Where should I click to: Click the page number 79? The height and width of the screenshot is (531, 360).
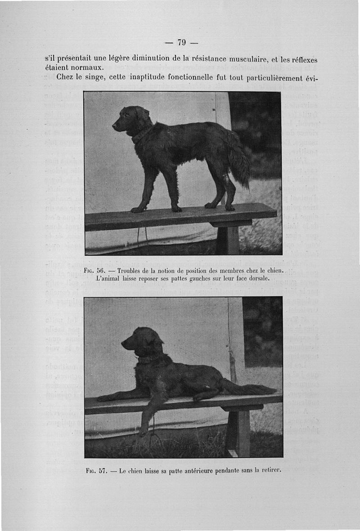[181, 43]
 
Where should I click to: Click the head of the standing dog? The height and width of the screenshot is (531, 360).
[128, 118]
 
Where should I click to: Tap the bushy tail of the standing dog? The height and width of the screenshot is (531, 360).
[239, 160]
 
